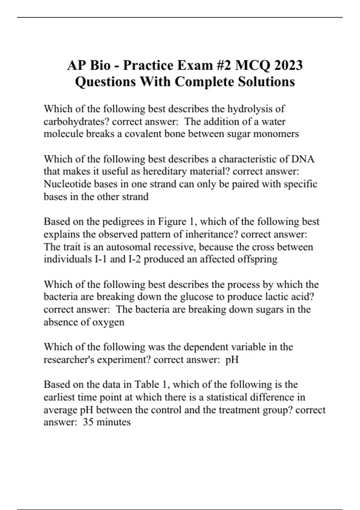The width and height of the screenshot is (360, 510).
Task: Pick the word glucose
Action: pos(197,297)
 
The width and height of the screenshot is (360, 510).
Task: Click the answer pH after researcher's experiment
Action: pos(232,359)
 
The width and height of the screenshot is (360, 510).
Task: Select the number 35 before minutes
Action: pos(88,422)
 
